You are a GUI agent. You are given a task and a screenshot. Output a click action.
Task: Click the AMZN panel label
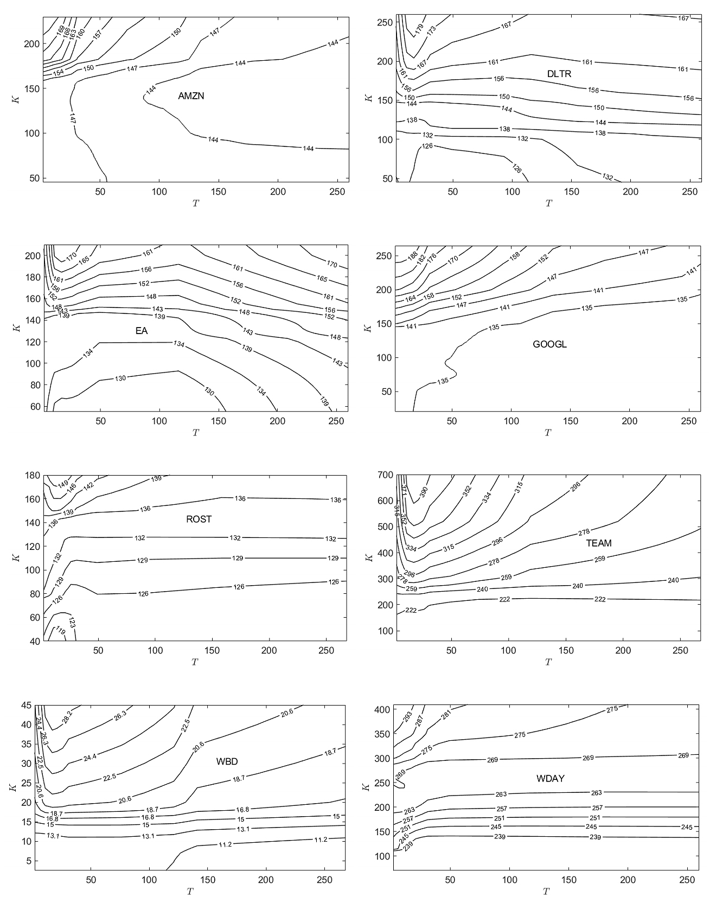coord(191,96)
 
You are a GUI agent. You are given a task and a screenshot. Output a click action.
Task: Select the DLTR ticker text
coord(559,74)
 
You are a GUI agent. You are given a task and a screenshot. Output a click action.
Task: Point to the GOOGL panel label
coord(549,344)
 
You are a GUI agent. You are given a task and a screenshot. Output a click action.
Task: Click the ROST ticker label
coord(199,519)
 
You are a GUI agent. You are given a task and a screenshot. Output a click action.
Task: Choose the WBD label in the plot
coord(227,761)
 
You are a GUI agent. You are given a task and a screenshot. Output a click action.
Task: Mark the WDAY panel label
coord(550,778)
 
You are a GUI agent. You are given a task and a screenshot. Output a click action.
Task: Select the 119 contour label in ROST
coord(60,631)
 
